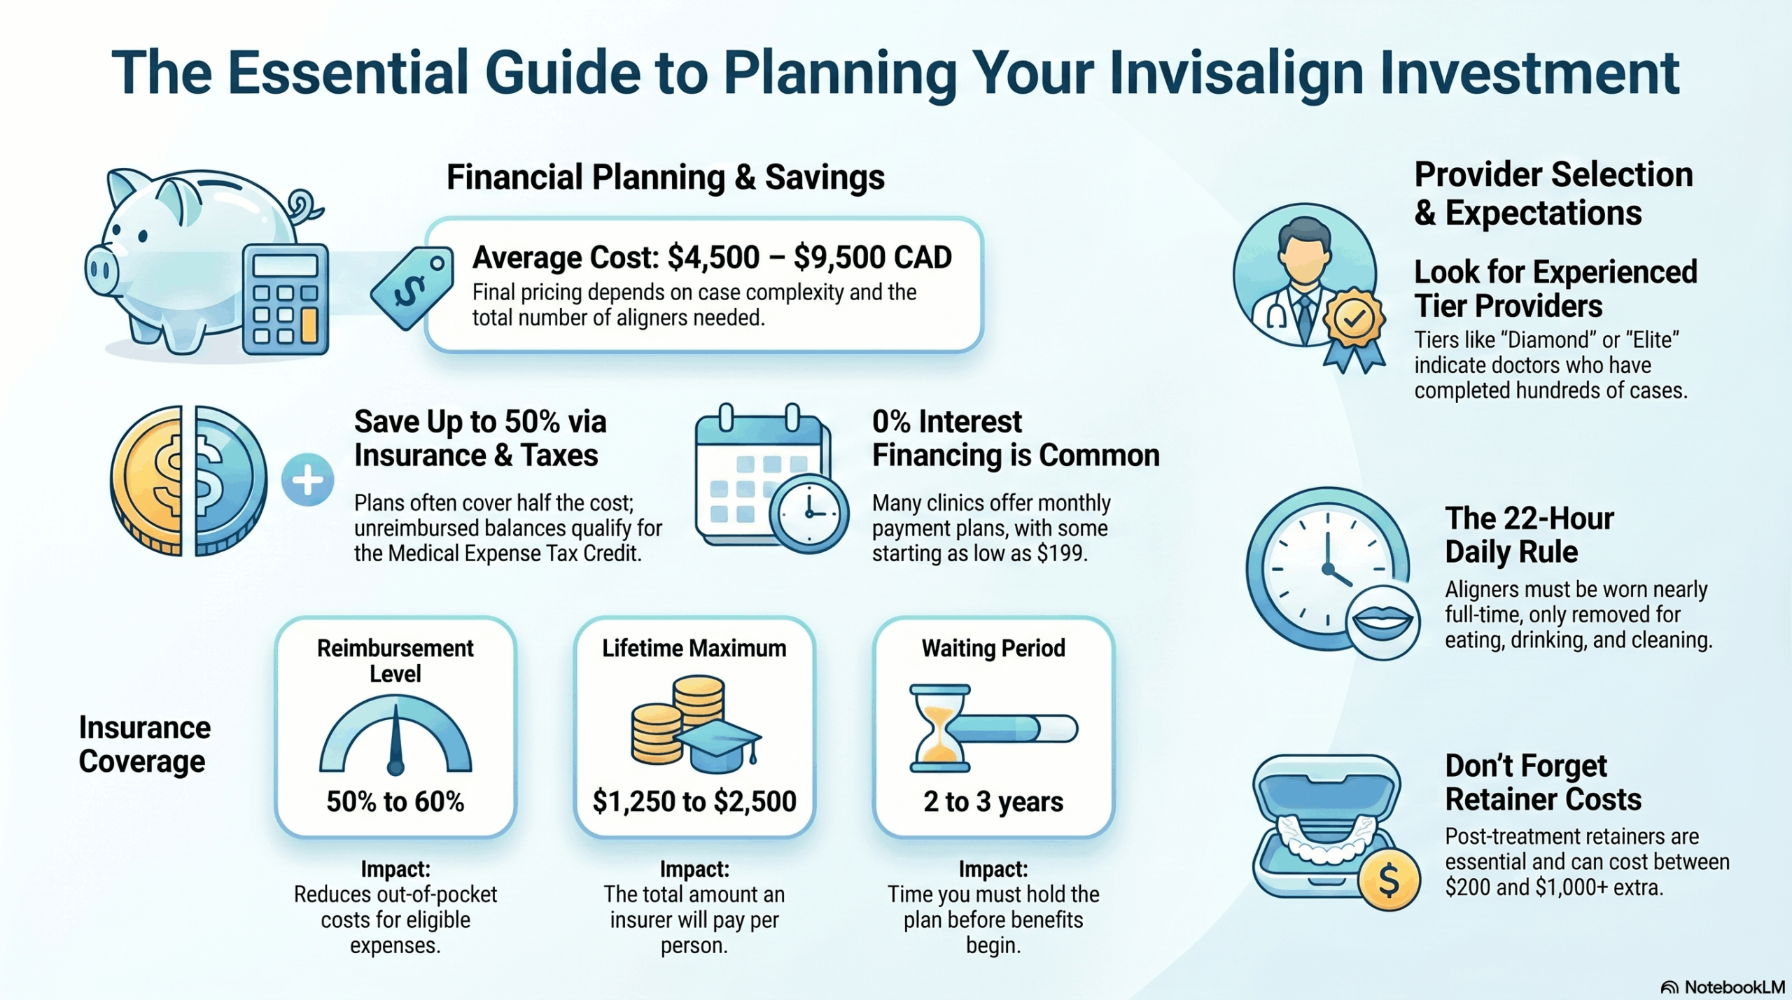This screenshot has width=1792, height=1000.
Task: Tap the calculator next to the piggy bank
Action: tap(286, 299)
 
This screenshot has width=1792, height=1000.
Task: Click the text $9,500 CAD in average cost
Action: tap(872, 257)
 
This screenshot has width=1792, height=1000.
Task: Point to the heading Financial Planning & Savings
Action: tap(665, 177)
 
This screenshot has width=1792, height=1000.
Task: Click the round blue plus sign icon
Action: tap(307, 480)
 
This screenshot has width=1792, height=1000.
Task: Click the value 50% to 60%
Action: tap(395, 801)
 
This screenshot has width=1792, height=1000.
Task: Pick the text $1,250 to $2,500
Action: tap(694, 801)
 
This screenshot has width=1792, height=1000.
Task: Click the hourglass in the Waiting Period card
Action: tap(939, 728)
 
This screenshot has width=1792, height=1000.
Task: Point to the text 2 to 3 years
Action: tap(993, 801)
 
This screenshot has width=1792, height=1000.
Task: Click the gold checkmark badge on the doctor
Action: tap(1354, 320)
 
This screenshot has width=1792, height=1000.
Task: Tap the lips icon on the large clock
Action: tap(1382, 621)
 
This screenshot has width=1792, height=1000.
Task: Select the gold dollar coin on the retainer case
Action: tap(1389, 880)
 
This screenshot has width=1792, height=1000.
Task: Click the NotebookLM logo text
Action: tap(1733, 987)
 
